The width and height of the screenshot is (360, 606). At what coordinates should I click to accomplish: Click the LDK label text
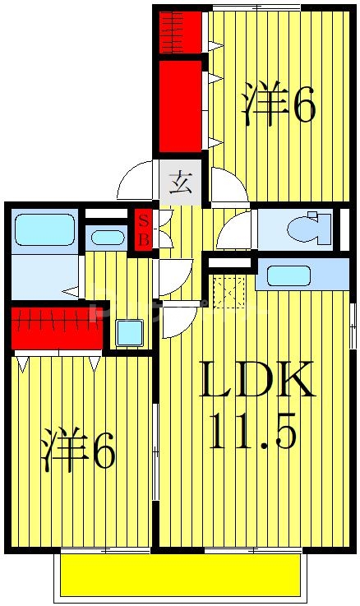pos(257,381)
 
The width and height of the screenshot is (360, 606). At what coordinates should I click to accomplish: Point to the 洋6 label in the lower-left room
pos(78,449)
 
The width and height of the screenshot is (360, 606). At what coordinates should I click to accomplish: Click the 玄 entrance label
pos(180,182)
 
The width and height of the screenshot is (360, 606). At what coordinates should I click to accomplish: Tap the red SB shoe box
pos(143,230)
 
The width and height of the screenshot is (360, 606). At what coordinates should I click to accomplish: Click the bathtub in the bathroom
pos(44,229)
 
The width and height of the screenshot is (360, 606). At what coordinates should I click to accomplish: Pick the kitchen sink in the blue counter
pos(288,275)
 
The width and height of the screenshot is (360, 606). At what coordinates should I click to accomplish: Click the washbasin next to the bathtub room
pos(108,238)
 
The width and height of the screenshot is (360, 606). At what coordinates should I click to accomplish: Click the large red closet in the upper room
pos(180,105)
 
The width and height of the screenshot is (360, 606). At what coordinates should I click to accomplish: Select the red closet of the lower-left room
pos(58,326)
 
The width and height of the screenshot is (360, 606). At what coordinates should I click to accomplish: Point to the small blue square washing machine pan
pos(129,332)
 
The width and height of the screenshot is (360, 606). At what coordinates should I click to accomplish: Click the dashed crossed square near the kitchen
pos(228,291)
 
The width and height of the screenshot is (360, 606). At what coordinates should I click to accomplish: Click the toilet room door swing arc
pos(233,231)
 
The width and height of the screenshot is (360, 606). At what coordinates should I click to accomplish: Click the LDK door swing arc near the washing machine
pos(178,320)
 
